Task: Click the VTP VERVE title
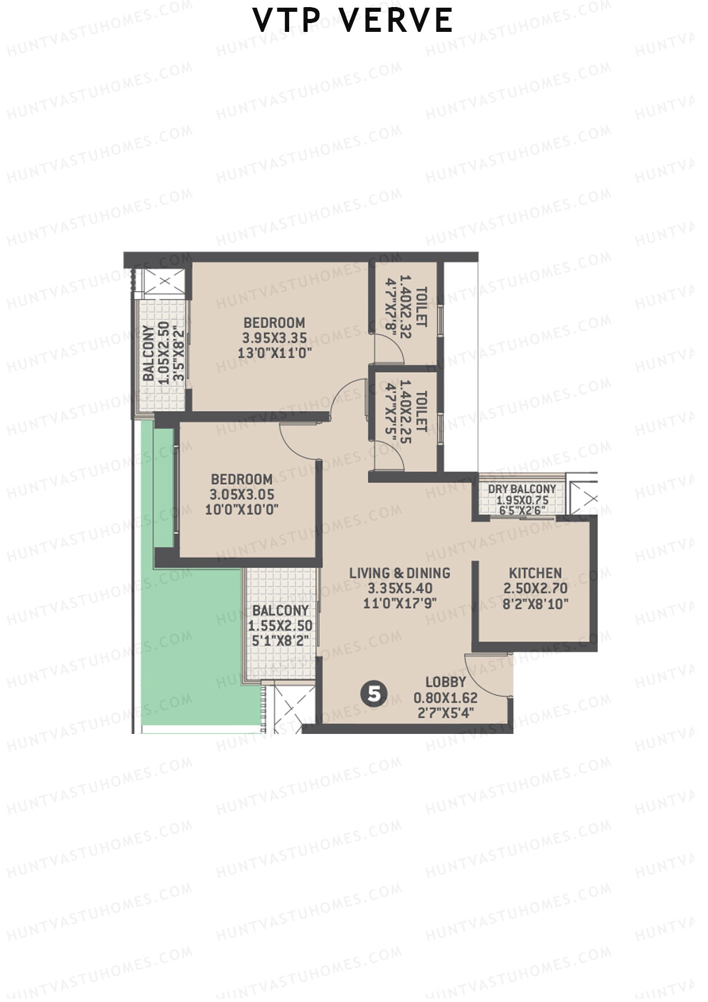tap(353, 21)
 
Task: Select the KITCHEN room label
tap(535, 573)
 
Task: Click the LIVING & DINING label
tap(399, 573)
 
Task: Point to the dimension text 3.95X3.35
tap(274, 338)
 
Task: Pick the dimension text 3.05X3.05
tap(242, 494)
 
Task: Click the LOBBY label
tap(445, 682)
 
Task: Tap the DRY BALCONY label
tap(522, 489)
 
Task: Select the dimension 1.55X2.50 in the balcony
tap(280, 626)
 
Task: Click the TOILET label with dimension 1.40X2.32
tap(421, 306)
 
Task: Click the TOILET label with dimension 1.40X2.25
tap(421, 410)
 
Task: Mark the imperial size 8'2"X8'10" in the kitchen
tap(535, 603)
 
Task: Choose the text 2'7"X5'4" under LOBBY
tap(445, 713)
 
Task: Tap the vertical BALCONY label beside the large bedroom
tap(149, 353)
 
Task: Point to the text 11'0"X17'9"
tap(399, 603)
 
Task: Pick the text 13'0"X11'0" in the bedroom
tap(274, 353)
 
